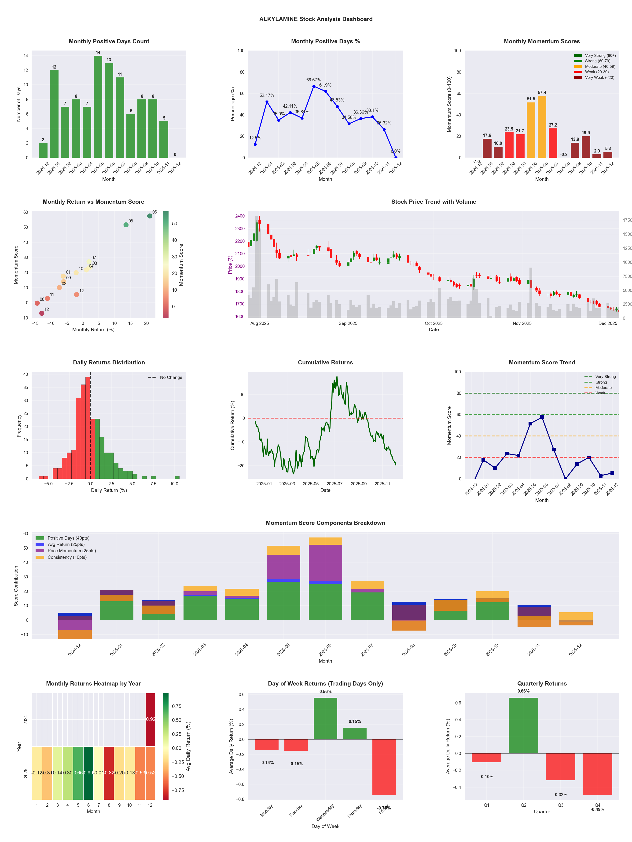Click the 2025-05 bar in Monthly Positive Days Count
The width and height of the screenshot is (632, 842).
(98, 107)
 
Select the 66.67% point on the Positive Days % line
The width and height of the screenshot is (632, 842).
(313, 86)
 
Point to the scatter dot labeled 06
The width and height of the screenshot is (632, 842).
(150, 216)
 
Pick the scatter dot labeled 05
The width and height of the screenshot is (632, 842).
(126, 225)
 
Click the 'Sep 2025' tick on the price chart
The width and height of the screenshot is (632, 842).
(348, 323)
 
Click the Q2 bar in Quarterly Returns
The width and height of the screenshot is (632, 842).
(523, 725)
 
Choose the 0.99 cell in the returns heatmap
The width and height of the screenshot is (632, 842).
(88, 773)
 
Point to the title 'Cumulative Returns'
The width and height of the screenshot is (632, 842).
(325, 362)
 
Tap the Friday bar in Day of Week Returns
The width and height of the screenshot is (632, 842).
(384, 767)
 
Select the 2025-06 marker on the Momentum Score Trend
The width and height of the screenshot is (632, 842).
(542, 417)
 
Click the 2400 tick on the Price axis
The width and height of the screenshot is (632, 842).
(240, 216)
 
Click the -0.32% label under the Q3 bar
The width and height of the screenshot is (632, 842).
(560, 795)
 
